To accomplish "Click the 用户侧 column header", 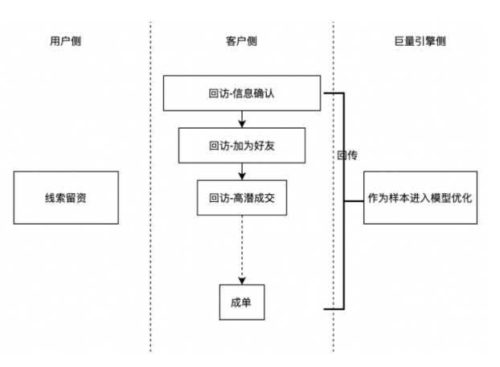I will coord(65,41).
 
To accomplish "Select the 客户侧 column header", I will coord(242,41).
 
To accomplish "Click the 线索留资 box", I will coord(66,197).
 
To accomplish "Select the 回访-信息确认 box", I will coord(242,93).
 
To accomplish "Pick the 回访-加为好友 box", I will coord(242,146).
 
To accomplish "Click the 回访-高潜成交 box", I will coord(242,197).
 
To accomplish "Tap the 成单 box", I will coord(242,302).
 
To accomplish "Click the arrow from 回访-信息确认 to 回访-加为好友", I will coord(242,119).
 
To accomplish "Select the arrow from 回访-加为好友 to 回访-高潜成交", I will coord(242,171).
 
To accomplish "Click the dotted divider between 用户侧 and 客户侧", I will coord(150,241).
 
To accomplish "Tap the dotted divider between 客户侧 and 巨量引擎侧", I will coord(333,241).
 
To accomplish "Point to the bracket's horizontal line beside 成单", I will coord(333,308).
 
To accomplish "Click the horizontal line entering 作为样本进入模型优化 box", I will coord(354,199).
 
